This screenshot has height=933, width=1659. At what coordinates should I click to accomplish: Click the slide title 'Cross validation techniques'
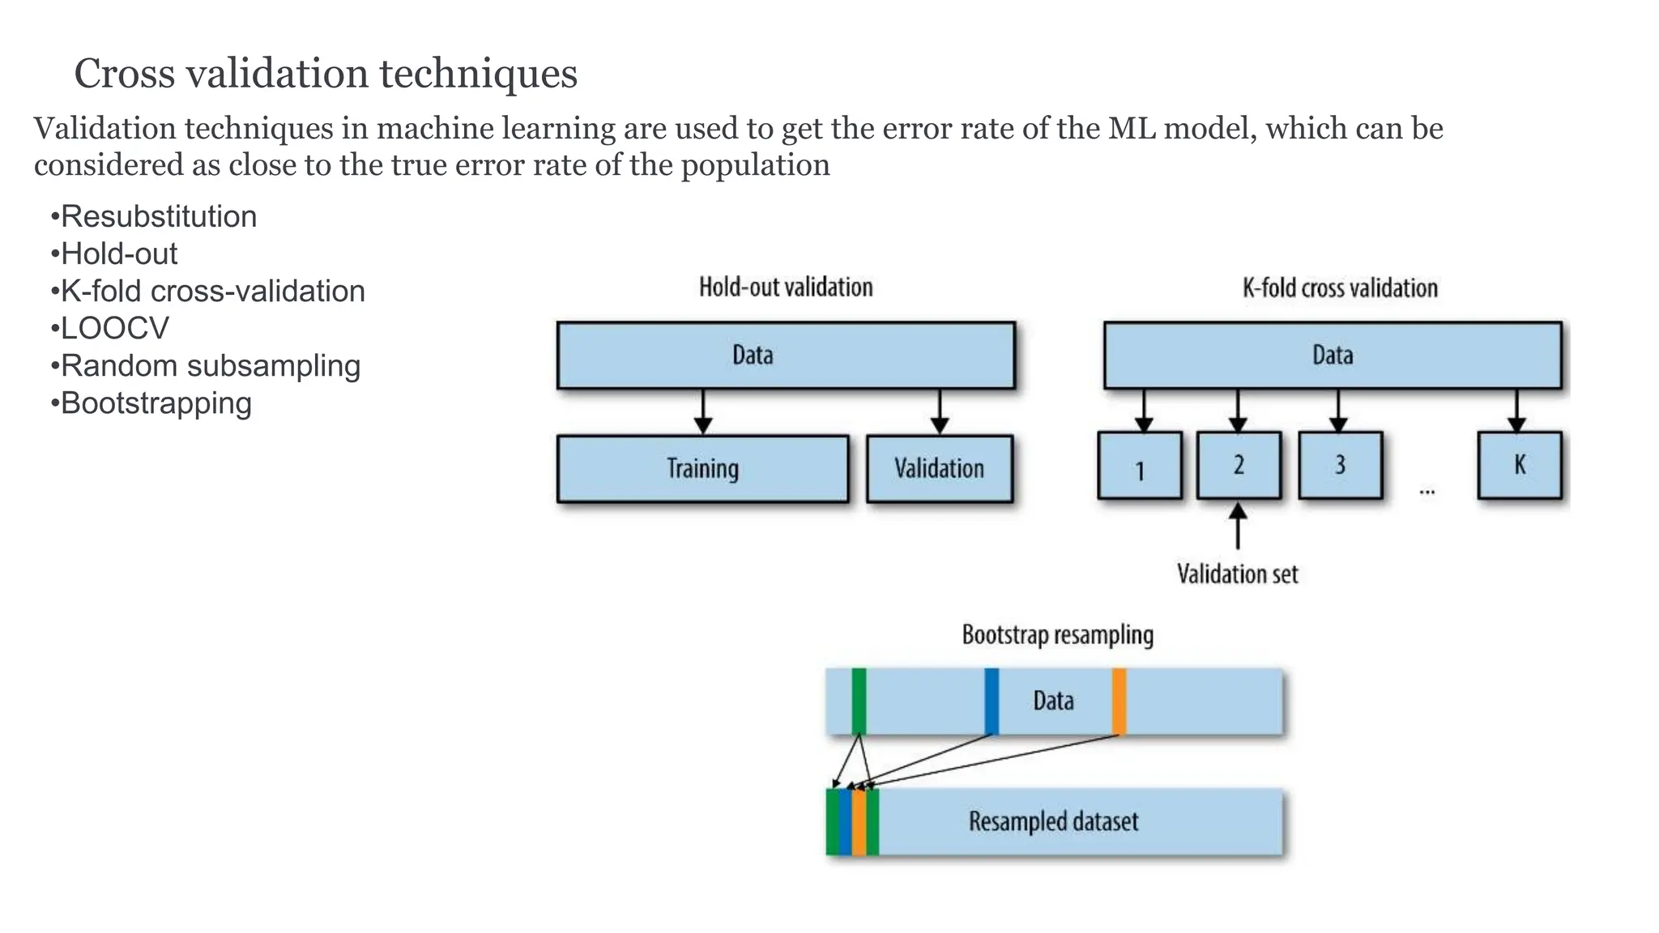326,74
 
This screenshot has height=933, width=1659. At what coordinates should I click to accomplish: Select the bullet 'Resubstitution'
159,217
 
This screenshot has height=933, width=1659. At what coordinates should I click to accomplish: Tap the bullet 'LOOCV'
115,329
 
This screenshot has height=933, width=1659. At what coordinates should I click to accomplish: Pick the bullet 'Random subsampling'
211,366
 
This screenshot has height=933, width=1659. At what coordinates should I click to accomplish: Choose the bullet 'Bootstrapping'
156,403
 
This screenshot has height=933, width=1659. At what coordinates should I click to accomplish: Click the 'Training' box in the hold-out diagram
702,469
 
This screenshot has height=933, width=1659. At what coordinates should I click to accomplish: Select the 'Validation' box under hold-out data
939,469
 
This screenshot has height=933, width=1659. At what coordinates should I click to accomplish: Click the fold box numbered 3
1340,466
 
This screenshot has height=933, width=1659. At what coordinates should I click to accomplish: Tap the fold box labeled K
1520,466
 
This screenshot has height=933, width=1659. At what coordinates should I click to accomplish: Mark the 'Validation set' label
1237,574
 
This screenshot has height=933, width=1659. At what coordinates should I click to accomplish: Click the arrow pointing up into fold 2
1238,526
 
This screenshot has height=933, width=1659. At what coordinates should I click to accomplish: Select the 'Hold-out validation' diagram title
786,288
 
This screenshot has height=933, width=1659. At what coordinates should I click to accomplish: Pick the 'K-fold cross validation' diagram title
1340,288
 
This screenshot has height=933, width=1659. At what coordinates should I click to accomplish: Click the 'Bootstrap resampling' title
1057,635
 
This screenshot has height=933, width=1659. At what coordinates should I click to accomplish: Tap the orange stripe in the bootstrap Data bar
1119,701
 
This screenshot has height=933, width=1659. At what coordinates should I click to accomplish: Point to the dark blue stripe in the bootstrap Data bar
992,701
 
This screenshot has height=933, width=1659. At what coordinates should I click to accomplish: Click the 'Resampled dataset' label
1053,822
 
